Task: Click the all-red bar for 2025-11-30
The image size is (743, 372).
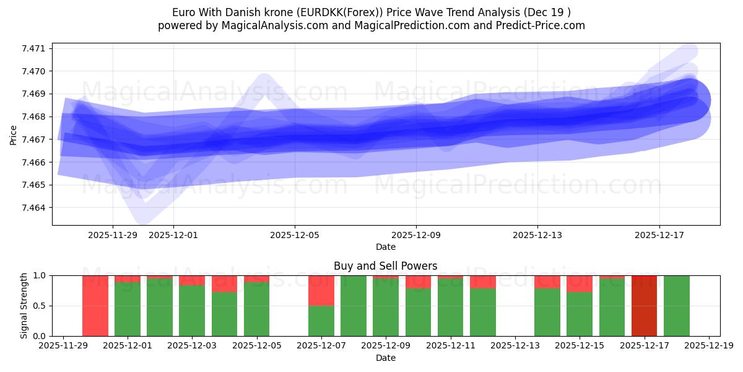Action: (x=95, y=305)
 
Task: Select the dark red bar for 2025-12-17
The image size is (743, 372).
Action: (x=644, y=305)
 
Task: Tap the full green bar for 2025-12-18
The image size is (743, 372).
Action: (x=676, y=305)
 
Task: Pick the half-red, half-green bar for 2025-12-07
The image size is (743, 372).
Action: (x=321, y=305)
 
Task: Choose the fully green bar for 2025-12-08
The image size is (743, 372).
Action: (x=354, y=305)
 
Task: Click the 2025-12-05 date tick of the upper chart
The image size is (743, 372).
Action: (x=295, y=235)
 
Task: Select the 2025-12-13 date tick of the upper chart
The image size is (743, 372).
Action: (x=537, y=235)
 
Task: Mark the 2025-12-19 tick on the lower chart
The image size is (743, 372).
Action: (x=708, y=346)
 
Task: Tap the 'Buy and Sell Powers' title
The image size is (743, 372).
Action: (x=385, y=266)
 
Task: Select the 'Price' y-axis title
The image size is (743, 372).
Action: (x=14, y=134)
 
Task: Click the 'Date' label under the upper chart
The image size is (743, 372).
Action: (x=385, y=247)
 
